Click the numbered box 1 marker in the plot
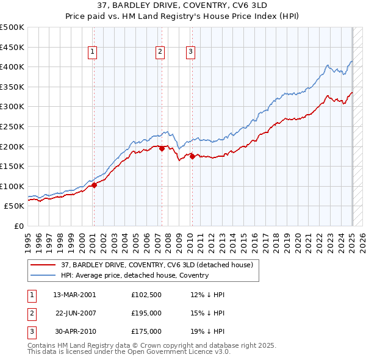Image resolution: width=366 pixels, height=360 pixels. [x=92, y=52]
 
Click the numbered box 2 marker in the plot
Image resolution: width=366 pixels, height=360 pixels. [x=160, y=52]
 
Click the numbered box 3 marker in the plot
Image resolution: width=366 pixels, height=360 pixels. [x=191, y=52]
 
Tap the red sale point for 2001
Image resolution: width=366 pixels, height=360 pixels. [x=94, y=185]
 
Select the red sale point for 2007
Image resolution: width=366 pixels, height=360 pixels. [x=162, y=148]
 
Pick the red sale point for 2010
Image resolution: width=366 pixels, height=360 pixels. [x=192, y=156]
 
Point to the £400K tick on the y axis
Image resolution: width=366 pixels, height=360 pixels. [x=13, y=67]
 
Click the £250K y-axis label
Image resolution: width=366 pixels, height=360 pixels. [x=13, y=126]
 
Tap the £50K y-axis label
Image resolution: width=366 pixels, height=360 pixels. [x=15, y=206]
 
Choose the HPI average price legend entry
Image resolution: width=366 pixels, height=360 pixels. [x=134, y=275]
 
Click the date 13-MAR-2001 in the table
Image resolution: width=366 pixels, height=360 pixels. [x=74, y=295]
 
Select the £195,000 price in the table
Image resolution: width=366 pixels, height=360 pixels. [x=146, y=313]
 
